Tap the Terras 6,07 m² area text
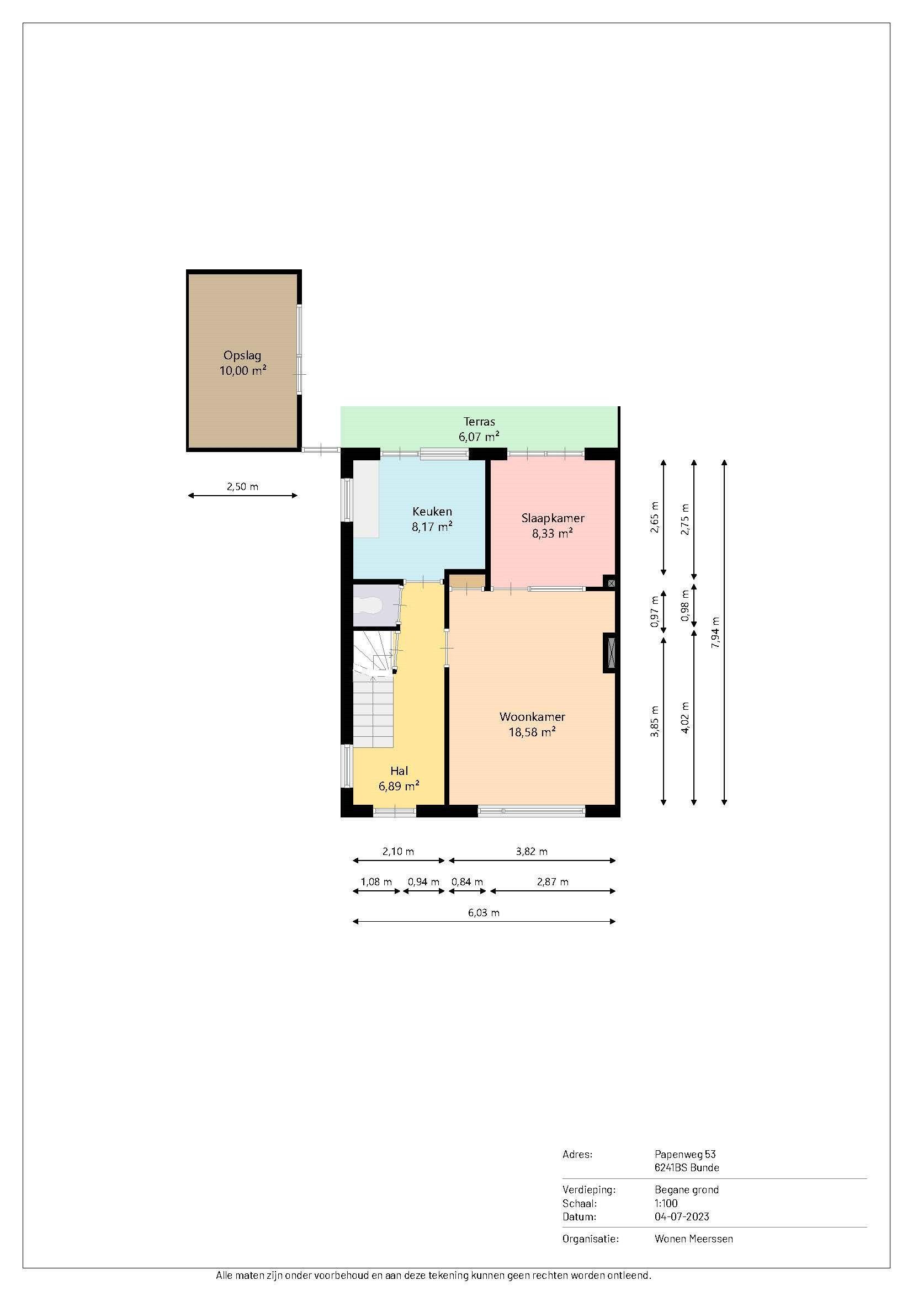click(x=479, y=428)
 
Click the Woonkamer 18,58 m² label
click(x=532, y=724)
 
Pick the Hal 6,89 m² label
click(x=399, y=778)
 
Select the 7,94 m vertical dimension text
click(x=715, y=633)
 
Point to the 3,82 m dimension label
click(x=531, y=851)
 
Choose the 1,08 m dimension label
click(x=376, y=881)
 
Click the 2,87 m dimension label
click(x=553, y=881)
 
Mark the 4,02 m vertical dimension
click(x=684, y=718)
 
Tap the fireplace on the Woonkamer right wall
click(x=610, y=653)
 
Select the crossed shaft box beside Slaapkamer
click(x=611, y=583)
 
